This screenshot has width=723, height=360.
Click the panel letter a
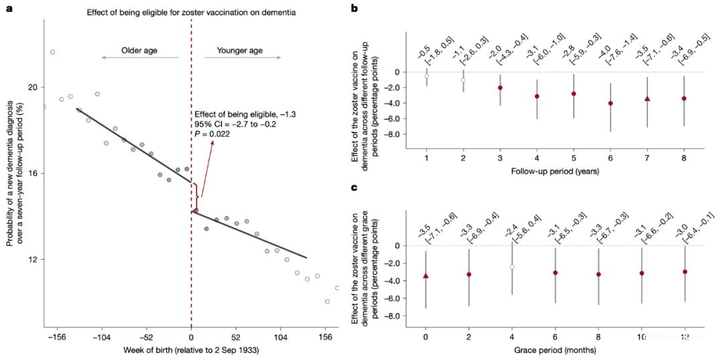tap(10, 8)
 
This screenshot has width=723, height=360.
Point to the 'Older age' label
tap(139, 50)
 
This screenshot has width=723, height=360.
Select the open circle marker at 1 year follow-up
tap(426, 76)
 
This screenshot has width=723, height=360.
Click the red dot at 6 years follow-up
tap(610, 103)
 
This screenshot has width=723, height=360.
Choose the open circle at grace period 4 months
tap(512, 266)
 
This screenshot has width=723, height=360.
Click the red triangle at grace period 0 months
tap(426, 276)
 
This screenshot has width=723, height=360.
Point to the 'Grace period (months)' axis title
tap(555, 349)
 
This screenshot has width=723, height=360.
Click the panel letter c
tap(354, 187)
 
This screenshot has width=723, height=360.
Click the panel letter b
tap(354, 9)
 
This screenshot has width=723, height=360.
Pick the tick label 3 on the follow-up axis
tap(499, 157)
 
